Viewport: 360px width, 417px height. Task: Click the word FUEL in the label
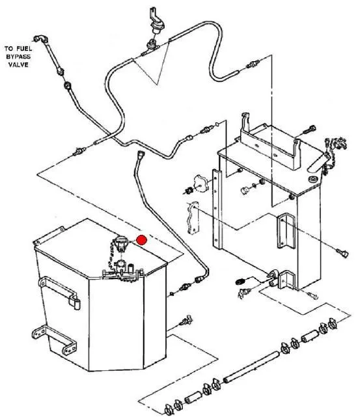pos(24,49)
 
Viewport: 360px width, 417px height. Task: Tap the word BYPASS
pos(18,57)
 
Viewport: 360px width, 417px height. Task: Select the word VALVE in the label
pos(18,64)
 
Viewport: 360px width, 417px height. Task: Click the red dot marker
pos(141,240)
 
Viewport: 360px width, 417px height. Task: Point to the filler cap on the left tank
pos(121,243)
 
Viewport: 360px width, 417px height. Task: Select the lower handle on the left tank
pos(55,340)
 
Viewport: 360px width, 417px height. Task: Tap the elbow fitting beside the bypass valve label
pos(41,39)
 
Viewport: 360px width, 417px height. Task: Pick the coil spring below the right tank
pos(241,281)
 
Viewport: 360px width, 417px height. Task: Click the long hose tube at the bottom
pos(251,367)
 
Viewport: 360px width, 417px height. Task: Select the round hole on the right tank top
pos(313,180)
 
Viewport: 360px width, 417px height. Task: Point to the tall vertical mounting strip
pos(217,209)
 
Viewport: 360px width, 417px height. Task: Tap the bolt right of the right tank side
pos(342,252)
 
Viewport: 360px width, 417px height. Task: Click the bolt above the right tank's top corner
pos(309,130)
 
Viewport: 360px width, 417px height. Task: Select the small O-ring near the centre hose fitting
pos(217,124)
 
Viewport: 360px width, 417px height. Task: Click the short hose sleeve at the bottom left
pos(193,399)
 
